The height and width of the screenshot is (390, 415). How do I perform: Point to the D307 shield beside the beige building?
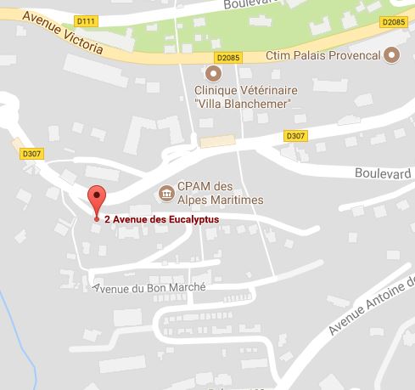[295, 136]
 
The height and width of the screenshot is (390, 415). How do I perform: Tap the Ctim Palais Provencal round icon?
[391, 57]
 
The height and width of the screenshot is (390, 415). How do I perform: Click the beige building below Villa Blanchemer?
[218, 139]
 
